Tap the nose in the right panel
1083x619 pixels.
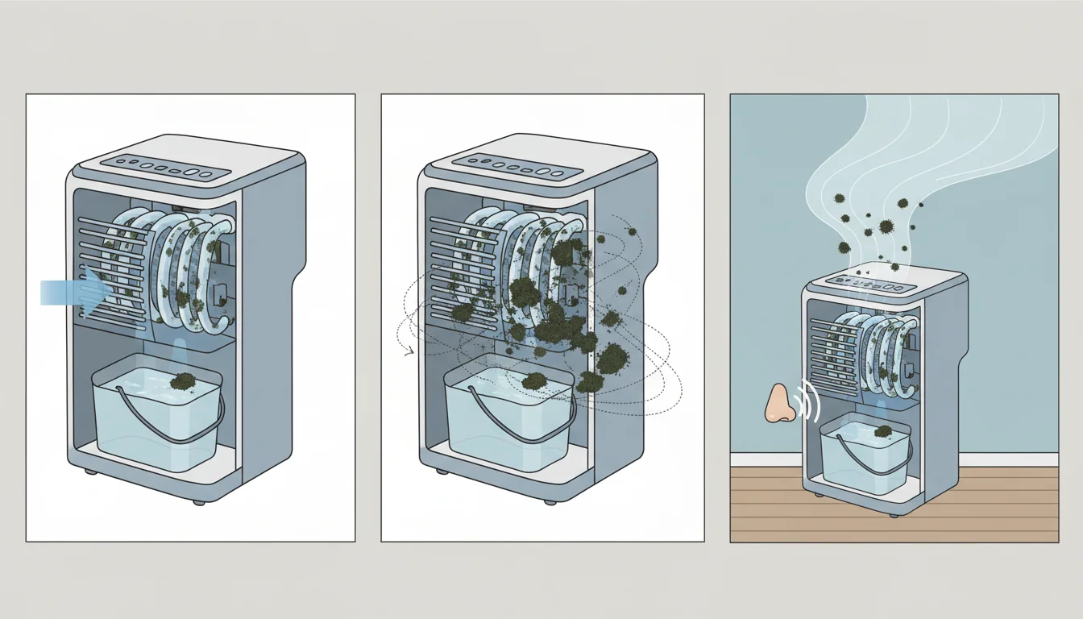coord(779,402)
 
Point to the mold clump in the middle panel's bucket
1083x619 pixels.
coord(533,380)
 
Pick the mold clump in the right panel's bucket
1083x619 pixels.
coord(883,433)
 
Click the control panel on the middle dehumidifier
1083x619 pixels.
coord(517,168)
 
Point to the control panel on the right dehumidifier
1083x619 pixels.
coord(874,287)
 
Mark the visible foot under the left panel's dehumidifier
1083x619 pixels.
coord(197,501)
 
